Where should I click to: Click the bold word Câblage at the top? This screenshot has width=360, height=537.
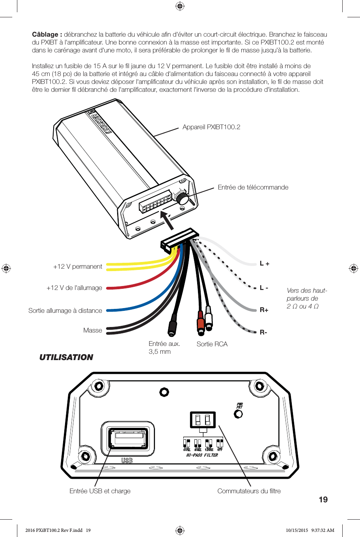47,35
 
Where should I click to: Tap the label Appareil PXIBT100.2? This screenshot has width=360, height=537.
211,127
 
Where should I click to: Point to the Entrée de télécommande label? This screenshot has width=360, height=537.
253,187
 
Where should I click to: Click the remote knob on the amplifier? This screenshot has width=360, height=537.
182,197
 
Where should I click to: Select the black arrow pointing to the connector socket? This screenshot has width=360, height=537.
167,220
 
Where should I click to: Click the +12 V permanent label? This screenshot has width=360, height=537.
78,266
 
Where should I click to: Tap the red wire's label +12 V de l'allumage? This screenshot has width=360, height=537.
74,288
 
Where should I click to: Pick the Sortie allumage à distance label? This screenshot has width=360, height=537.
65,310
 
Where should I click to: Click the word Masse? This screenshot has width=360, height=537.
93,330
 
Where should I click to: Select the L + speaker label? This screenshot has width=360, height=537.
265,264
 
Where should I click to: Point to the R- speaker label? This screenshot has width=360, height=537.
263,332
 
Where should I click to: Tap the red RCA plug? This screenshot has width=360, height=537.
201,323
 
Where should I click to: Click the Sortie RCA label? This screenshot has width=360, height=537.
212,344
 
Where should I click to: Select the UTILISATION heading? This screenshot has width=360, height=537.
66,357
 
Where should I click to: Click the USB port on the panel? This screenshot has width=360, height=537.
128,439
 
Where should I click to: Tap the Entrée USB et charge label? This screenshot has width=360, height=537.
100,491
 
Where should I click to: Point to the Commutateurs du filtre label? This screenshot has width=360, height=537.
249,491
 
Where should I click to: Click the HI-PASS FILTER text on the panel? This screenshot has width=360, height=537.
202,455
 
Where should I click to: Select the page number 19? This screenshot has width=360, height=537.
323,500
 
